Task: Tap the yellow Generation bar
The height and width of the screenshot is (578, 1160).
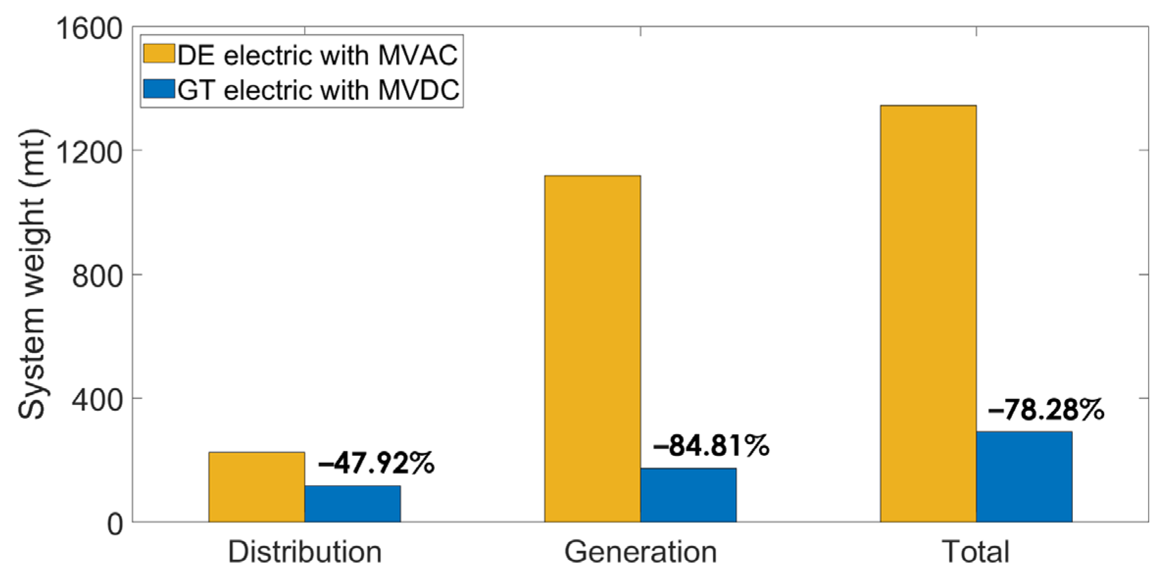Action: [592, 349]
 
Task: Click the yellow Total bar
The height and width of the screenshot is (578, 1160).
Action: [928, 313]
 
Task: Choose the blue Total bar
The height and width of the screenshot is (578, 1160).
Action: [1024, 477]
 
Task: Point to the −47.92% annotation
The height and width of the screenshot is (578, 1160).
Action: [376, 463]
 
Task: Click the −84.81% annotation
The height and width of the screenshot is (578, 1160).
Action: [711, 446]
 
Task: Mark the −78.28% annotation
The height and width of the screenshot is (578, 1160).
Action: [1046, 410]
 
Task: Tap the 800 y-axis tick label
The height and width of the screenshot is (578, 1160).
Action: [97, 276]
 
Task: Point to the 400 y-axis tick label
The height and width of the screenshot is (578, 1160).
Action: [97, 401]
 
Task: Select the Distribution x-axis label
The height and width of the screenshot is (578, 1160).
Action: [304, 552]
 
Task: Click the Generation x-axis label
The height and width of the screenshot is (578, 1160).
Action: [640, 552]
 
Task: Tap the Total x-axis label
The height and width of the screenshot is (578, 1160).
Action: [976, 552]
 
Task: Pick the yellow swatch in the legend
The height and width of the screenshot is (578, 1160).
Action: [159, 53]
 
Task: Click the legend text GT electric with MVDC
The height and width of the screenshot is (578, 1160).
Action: [318, 90]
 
